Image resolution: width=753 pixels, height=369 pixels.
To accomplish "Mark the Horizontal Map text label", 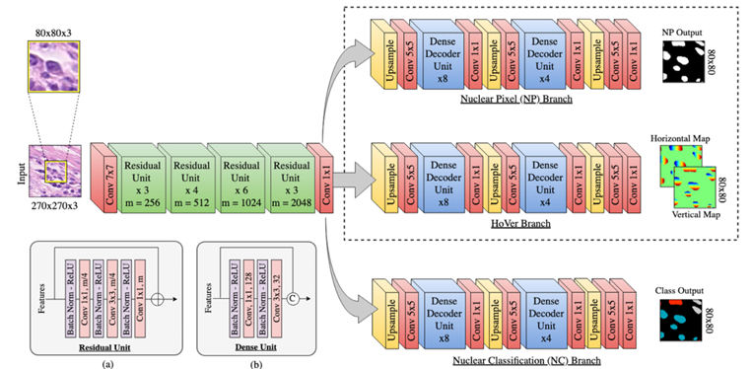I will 680,139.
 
